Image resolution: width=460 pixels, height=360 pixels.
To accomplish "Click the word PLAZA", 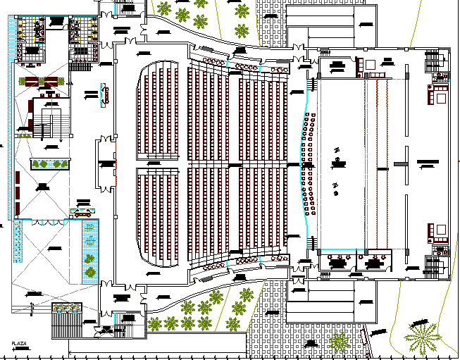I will pos(19,343).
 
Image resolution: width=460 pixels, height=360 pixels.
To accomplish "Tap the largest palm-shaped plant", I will pos(422,337).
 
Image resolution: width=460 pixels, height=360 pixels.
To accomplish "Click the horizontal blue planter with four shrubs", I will pos(50,164).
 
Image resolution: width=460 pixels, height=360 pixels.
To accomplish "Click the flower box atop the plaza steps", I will pos(66,308).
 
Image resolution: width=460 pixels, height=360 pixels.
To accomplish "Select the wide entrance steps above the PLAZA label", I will pos(67,324).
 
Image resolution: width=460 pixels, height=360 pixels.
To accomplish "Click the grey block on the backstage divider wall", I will pos(399,163).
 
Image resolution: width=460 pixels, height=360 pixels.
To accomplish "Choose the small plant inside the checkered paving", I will pos(339,342).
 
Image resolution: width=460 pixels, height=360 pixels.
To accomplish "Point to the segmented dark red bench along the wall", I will pos(16,194).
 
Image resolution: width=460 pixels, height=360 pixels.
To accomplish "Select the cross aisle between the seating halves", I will pos(211,164).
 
